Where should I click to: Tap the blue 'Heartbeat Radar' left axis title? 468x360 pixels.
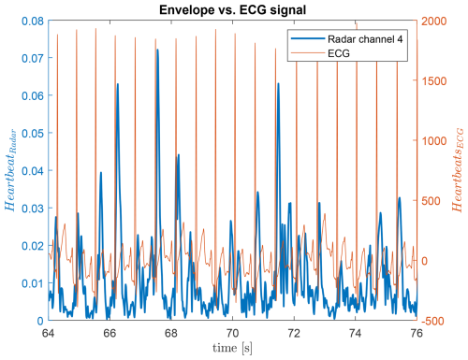tap(10, 170)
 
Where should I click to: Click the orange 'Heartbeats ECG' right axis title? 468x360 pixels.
tap(459, 170)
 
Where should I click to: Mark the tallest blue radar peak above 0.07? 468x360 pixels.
tap(157, 50)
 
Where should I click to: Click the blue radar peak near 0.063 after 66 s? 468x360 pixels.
tap(118, 84)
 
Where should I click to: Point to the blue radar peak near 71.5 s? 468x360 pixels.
tap(278, 84)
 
